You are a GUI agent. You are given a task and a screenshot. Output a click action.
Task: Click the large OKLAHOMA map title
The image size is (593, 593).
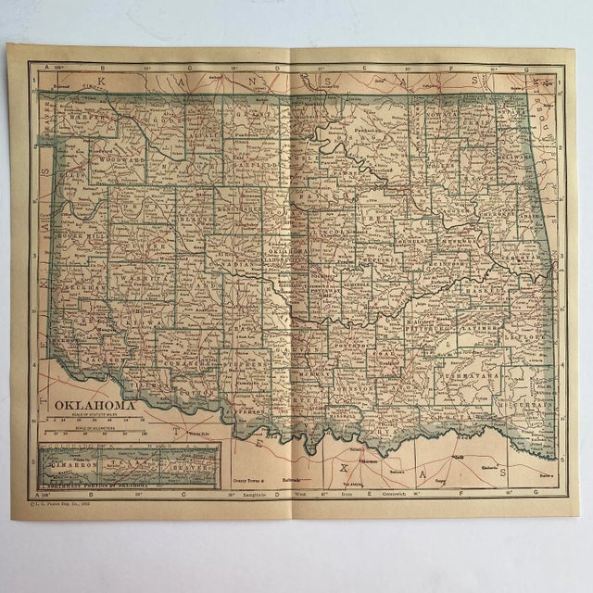pos(94,405)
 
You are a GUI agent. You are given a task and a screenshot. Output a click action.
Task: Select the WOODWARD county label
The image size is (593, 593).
pos(120,160)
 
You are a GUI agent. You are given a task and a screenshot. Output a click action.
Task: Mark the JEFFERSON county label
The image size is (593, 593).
pos(248,400)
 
